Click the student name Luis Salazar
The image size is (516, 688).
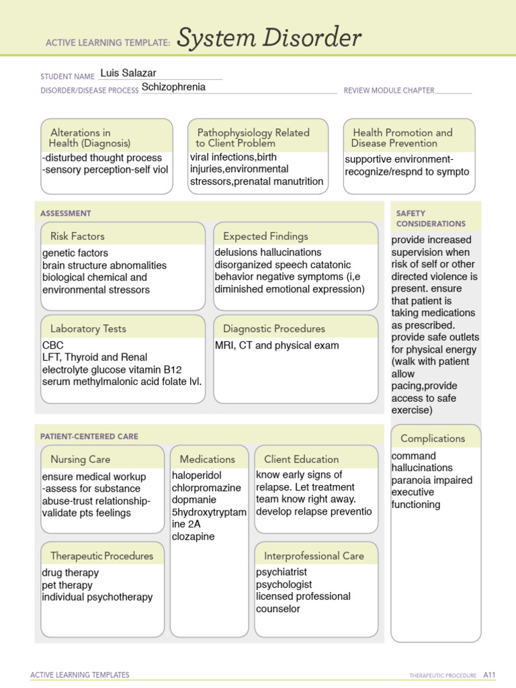click(128, 73)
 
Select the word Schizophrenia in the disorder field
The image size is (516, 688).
click(173, 87)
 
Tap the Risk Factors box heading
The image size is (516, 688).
click(77, 236)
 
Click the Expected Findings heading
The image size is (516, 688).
click(265, 236)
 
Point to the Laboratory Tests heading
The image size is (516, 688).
click(88, 329)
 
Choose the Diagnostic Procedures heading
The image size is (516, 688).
click(273, 329)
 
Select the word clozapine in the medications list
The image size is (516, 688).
click(193, 537)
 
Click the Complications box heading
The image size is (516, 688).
click(433, 439)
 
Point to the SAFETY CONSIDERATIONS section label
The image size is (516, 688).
click(431, 218)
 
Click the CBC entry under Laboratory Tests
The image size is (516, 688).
click(53, 345)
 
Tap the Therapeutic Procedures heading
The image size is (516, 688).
click(101, 556)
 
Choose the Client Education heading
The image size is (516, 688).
click(301, 460)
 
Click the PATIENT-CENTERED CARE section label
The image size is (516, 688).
click(89, 437)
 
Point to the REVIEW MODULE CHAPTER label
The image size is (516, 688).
click(389, 90)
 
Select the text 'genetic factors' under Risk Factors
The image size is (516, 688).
click(75, 253)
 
